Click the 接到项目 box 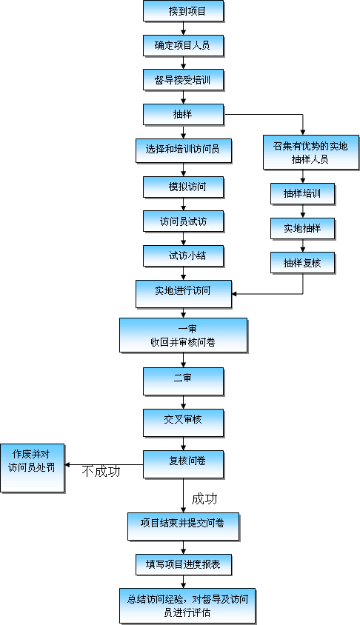[184, 11]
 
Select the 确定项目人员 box [184, 45]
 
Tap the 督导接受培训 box [184, 80]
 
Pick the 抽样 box [184, 115]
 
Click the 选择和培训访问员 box [184, 150]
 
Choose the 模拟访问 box [184, 187]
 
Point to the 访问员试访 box [184, 221]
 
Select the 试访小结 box [184, 256]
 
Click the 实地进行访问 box [184, 294]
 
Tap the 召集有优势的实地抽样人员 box [311, 153]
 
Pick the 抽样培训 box [302, 194]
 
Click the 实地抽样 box [302, 228]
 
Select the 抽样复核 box [302, 263]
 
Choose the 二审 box [184, 381]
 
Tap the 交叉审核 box [184, 423]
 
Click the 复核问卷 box [184, 464]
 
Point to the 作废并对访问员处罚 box [33, 468]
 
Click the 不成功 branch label [101, 472]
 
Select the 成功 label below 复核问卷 [204, 498]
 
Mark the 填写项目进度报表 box [184, 564]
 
